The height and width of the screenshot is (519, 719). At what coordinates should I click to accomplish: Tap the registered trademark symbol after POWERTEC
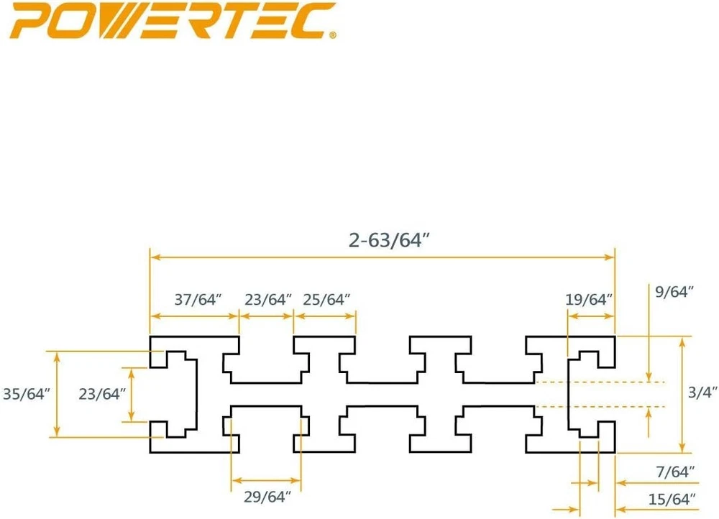333,34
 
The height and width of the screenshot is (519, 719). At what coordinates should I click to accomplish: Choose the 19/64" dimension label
590,298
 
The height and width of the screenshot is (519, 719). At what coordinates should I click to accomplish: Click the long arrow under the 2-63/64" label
382,257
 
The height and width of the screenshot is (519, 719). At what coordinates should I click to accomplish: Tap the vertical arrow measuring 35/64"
57,394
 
